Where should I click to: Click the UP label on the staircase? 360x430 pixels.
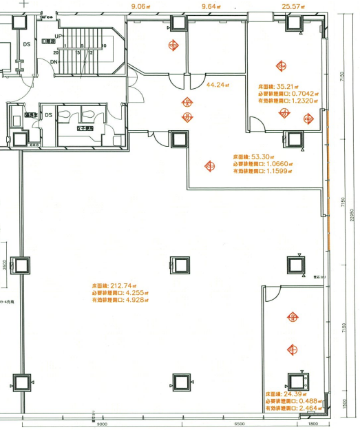click(x=58, y=34)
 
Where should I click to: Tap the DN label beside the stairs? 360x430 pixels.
click(x=54, y=62)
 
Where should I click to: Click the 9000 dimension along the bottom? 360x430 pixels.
click(x=101, y=425)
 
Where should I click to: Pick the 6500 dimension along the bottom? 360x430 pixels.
click(x=240, y=425)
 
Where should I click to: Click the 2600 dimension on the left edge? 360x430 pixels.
click(x=4, y=265)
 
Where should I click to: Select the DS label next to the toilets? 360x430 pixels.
click(x=49, y=115)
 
